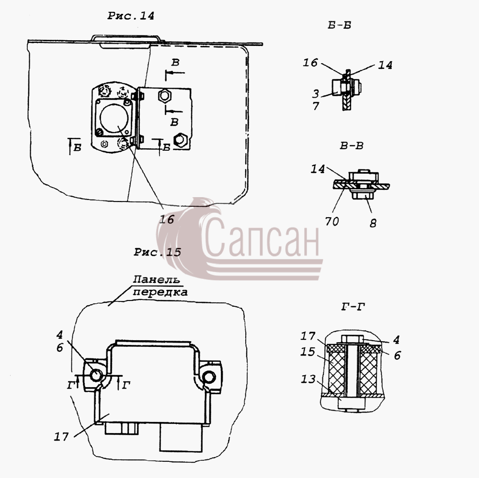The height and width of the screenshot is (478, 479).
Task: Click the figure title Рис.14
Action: (x=131, y=16)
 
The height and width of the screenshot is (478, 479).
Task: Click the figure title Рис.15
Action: (x=157, y=252)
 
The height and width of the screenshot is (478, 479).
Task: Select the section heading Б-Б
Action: (x=340, y=25)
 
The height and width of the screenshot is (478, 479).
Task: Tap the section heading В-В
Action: (x=352, y=145)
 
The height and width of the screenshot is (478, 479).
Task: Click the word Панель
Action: (x=157, y=279)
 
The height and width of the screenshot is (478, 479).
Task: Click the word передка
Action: (x=160, y=292)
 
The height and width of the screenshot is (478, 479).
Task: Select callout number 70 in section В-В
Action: (x=332, y=221)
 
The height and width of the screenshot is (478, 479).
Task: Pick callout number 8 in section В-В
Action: (x=373, y=223)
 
